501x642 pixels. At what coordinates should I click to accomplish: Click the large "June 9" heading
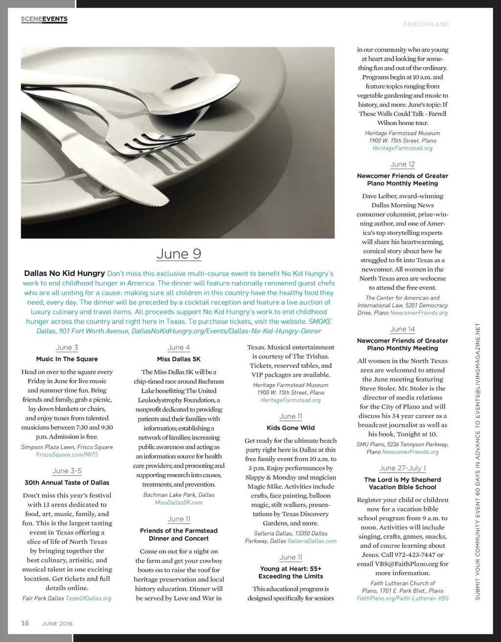coord(179,254)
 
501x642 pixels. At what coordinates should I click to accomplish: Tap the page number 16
coord(25,623)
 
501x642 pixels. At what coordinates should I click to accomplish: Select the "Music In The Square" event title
coord(67,359)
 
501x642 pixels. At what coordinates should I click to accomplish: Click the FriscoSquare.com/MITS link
coord(67,455)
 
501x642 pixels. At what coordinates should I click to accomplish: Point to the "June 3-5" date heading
coord(67,471)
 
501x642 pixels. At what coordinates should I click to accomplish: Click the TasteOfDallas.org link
coord(89,598)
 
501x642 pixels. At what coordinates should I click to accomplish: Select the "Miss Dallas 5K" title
coord(179,359)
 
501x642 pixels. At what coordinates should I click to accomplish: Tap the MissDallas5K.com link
coord(179,503)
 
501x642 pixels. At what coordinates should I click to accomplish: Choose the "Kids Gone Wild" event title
coord(291,428)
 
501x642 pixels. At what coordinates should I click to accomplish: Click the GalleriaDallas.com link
coord(312,541)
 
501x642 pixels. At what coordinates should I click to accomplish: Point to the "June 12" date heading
coord(402,164)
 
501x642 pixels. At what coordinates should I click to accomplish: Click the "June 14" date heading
coord(402,329)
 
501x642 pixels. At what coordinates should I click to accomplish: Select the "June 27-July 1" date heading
coord(402,468)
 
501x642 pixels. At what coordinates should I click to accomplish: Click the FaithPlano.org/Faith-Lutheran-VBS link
coord(402,598)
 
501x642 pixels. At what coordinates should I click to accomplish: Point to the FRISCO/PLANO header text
coord(426,24)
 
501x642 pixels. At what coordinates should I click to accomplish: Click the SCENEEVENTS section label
coord(44,19)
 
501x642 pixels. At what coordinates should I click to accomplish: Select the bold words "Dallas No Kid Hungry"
coord(65,274)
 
